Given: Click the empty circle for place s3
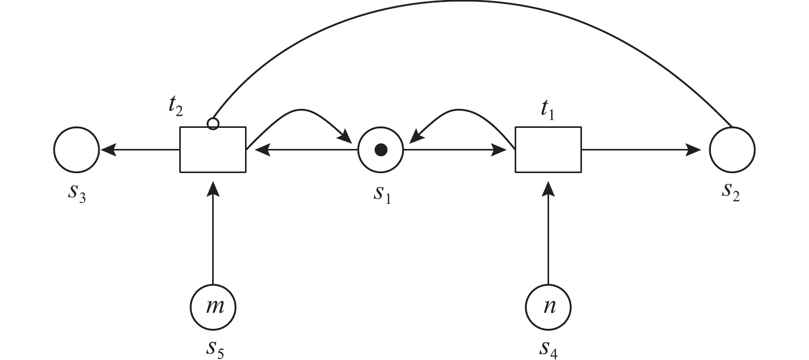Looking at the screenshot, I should point(76,150).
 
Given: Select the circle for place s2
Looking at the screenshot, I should point(732,150).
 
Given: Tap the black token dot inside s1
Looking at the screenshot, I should point(381,150).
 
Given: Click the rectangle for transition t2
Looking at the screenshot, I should point(213,149).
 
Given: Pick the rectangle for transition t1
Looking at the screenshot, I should point(548,149).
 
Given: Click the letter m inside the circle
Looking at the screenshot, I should point(213,307).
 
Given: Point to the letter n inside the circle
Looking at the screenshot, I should point(548,307).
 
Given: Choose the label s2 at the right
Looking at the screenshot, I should point(731,192).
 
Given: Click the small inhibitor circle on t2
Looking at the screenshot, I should point(213,124).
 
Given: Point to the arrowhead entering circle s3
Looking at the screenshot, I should point(107,150).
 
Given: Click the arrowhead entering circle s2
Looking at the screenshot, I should point(694,150).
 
